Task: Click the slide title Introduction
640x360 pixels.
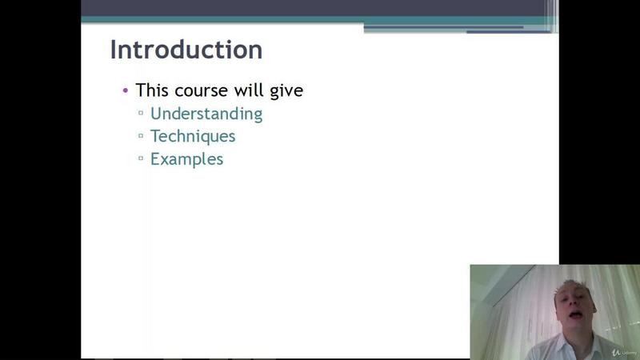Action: coord(186,50)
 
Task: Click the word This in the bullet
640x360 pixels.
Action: coord(152,90)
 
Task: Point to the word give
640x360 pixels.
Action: coord(286,91)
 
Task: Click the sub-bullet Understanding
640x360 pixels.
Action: coord(206,114)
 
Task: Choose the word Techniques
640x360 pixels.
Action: coord(193,137)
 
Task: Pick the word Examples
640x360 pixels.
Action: coord(187,159)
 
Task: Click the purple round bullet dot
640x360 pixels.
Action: coord(126,90)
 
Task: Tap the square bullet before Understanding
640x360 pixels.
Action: coord(141,113)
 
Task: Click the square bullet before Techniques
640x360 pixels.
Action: coord(141,135)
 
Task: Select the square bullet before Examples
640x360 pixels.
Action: coord(141,158)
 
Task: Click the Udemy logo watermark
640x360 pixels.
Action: coord(625,352)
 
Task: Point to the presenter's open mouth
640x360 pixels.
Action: coord(576,314)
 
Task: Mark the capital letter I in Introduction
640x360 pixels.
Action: coord(113,50)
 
